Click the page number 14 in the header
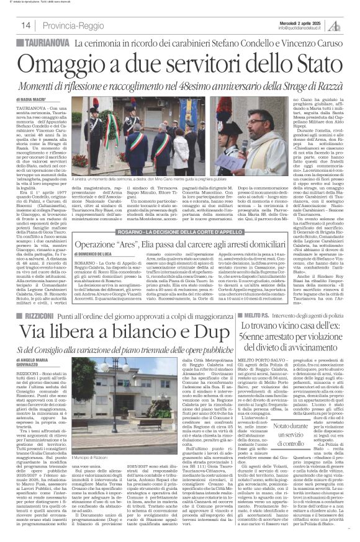click(x=27, y=25)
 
